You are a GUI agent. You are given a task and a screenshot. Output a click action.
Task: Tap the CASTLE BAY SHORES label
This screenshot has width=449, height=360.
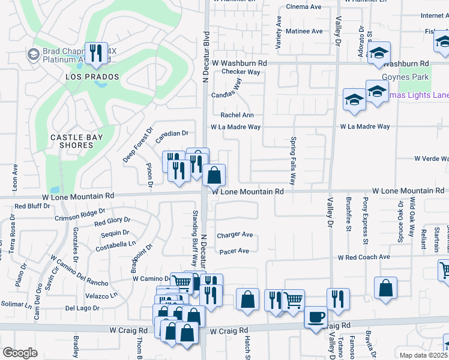pos(77,141)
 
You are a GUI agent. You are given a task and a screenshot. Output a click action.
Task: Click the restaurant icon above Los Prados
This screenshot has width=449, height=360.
pos(95,53)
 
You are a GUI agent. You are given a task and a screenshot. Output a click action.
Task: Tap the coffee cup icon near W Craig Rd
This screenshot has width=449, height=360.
pos(316,317)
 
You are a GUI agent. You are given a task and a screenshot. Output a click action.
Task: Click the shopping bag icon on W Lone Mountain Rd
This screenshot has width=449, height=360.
pos(214,175)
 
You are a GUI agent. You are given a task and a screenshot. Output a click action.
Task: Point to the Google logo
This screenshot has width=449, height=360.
pos(20,353)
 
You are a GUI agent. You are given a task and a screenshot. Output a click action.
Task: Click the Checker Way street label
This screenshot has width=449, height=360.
pos(241,72)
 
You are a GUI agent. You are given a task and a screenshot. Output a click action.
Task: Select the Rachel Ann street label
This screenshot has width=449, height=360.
pos(237,115)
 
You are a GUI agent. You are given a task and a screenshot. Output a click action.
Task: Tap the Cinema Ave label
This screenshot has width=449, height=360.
pos(304,7)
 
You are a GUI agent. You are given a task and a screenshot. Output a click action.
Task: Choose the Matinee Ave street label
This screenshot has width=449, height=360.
pos(304,31)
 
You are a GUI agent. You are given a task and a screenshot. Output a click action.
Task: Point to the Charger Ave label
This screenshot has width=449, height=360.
pos(235,235)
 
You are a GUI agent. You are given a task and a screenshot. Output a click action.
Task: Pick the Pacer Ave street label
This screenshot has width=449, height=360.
pos(234,251)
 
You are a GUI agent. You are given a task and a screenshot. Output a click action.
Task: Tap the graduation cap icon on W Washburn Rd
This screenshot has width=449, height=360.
pos(379,53)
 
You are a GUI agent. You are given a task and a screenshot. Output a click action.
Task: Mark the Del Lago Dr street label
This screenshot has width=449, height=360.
pos(82,308)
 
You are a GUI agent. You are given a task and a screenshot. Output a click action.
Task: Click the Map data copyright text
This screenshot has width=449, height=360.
pos(423,355)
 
